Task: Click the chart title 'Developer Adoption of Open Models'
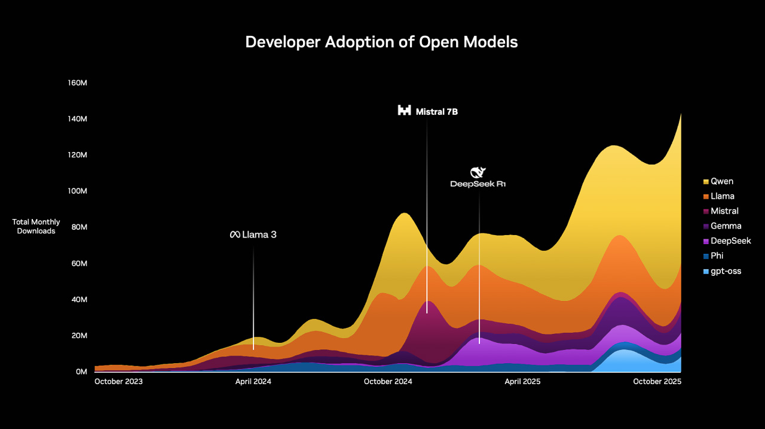click(381, 42)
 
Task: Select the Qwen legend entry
click(722, 181)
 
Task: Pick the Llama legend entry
click(722, 196)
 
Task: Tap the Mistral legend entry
click(724, 211)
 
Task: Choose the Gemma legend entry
click(726, 226)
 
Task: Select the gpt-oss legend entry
click(726, 271)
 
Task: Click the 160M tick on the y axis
click(78, 83)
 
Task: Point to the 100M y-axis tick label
click(78, 191)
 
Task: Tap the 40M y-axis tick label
click(79, 299)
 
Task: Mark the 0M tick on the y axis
click(81, 372)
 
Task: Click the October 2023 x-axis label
click(118, 382)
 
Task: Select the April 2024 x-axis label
click(253, 382)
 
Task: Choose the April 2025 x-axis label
click(523, 382)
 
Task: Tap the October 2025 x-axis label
click(657, 382)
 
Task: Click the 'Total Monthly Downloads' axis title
click(36, 227)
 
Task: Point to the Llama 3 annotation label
click(253, 235)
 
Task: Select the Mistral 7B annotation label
click(428, 111)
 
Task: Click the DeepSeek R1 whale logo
click(479, 173)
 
